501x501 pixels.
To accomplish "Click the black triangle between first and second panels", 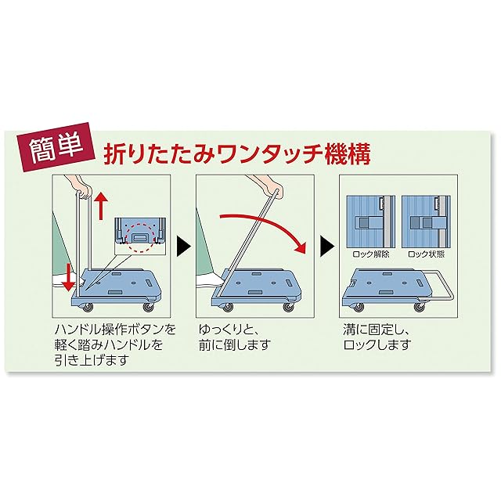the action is click(x=182, y=247).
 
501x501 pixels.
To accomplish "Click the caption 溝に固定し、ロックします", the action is click(x=376, y=334).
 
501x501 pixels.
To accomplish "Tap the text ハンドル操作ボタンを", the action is click(x=117, y=327).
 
